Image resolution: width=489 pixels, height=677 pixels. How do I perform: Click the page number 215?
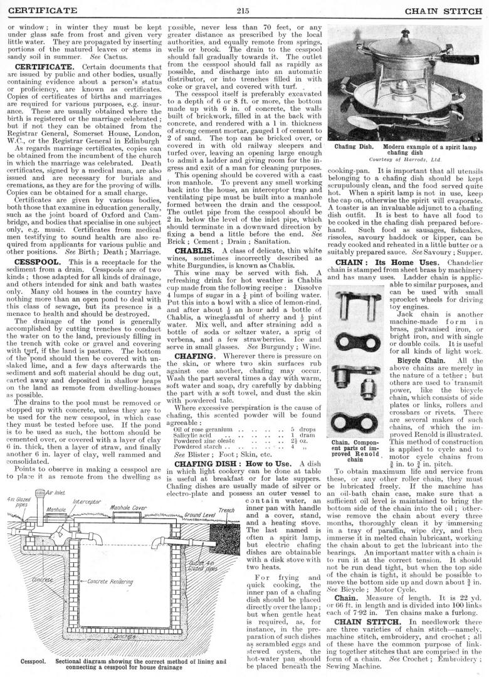click(x=244, y=10)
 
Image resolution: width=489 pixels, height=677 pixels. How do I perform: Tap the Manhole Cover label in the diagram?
click(x=129, y=490)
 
